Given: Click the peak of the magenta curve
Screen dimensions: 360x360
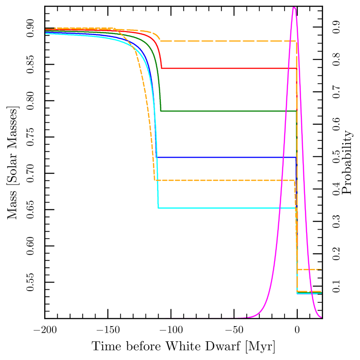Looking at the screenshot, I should point(294,7).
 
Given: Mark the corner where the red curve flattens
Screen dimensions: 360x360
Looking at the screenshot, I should point(162,68).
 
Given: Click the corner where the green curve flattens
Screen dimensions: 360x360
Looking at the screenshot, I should point(161,111).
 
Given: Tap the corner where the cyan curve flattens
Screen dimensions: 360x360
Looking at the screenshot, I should point(158,208).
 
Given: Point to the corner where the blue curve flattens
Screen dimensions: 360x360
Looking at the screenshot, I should point(157,157).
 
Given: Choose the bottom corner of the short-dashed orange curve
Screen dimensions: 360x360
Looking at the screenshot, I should point(155,180).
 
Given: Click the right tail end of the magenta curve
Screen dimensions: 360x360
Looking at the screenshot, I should point(321,318).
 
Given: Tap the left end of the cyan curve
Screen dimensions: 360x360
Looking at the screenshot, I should point(46,33).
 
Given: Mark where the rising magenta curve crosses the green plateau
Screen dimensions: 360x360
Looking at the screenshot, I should point(285,111).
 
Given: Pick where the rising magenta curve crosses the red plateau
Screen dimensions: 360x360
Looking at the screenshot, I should point(288,68).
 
